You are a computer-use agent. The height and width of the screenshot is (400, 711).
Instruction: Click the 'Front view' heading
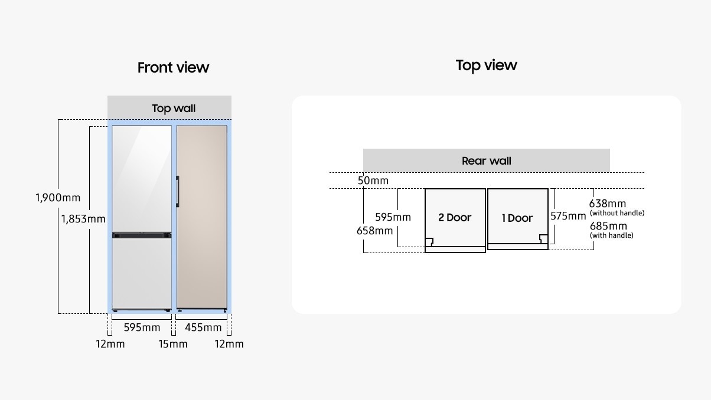click(173, 67)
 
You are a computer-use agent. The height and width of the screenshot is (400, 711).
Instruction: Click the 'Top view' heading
click(486, 65)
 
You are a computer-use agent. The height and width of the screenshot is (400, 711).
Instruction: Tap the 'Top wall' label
click(174, 108)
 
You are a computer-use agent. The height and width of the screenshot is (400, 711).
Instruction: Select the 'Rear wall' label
click(486, 160)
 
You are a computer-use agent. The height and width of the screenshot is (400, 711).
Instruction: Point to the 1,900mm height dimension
click(58, 198)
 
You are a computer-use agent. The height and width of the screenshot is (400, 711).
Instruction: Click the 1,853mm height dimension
click(83, 219)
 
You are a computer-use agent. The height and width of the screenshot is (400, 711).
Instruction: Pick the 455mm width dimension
click(203, 327)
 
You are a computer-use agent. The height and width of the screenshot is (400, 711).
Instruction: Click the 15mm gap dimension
click(173, 344)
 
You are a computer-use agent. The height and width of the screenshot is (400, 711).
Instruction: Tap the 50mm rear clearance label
click(373, 181)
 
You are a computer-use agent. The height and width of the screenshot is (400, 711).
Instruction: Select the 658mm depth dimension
click(374, 231)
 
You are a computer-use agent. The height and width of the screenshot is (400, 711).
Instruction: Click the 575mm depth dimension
click(568, 216)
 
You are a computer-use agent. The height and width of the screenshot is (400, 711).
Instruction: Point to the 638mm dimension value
click(607, 204)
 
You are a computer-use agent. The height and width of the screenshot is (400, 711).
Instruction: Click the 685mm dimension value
click(607, 226)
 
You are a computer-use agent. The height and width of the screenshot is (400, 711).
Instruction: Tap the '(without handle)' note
click(617, 213)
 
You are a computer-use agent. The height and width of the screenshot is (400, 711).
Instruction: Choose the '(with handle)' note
click(612, 235)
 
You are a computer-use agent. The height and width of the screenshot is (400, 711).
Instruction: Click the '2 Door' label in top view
click(455, 217)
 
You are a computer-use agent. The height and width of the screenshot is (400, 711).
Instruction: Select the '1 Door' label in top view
click(517, 218)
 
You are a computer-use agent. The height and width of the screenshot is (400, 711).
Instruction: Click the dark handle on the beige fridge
click(177, 191)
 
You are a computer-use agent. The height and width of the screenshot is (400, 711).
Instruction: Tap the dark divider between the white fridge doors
click(142, 235)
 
